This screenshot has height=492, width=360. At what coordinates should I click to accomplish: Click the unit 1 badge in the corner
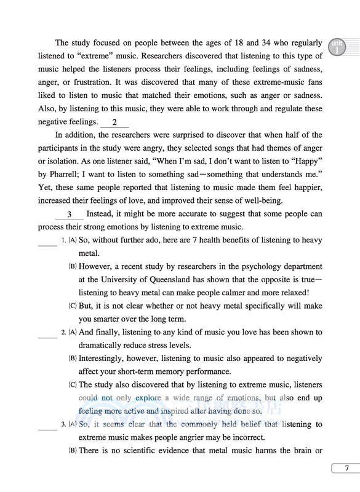[x=337, y=47]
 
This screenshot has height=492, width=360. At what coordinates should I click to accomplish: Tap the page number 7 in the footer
[x=346, y=468]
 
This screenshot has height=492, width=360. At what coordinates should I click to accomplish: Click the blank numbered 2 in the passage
[x=114, y=122]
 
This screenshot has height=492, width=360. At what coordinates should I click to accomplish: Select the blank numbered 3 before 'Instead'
[x=70, y=215]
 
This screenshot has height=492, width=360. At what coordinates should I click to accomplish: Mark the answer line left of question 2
[x=47, y=332]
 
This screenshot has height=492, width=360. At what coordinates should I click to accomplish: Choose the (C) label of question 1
[x=72, y=306]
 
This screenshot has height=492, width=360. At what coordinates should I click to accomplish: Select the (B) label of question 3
[x=72, y=451]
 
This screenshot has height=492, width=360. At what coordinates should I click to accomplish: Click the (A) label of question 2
[x=72, y=332]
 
